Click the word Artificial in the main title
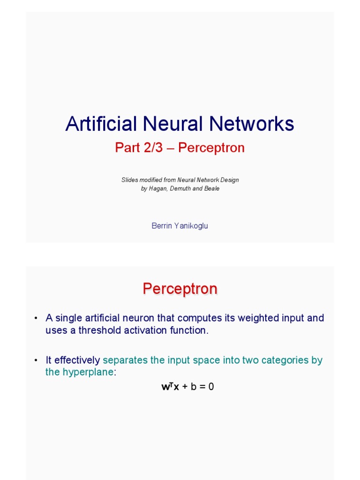point(100,124)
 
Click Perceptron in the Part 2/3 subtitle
point(211,148)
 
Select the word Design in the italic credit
point(229,180)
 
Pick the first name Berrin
point(161,225)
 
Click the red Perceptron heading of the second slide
point(180,289)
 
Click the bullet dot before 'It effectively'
point(36,360)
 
